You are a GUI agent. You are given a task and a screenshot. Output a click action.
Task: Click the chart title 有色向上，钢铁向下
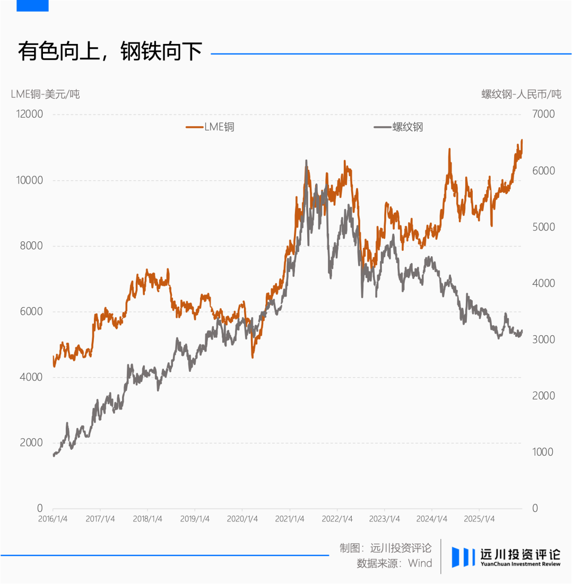pyautogui.click(x=110, y=52)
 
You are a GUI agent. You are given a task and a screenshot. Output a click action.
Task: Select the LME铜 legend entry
pyautogui.click(x=210, y=127)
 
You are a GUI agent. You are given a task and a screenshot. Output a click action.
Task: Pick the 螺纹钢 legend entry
pyautogui.click(x=398, y=127)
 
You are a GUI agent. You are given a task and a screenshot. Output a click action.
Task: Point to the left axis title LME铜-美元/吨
pyautogui.click(x=45, y=94)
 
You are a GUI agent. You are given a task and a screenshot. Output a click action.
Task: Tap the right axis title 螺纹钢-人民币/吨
pyautogui.click(x=521, y=94)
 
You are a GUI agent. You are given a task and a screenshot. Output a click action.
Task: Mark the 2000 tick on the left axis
pyautogui.click(x=31, y=443)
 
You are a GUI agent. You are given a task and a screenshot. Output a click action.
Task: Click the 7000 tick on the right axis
pyautogui.click(x=543, y=115)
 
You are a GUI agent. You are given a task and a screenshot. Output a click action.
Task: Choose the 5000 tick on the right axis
pyautogui.click(x=543, y=227)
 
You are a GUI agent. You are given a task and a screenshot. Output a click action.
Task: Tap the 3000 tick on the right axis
pyautogui.click(x=543, y=339)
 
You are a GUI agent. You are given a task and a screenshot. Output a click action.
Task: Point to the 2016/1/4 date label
pyautogui.click(x=53, y=519)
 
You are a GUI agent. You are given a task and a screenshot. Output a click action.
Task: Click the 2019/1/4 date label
pyautogui.click(x=195, y=519)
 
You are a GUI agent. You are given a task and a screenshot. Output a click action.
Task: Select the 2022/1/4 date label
pyautogui.click(x=337, y=519)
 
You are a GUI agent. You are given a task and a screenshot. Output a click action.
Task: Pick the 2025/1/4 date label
pyautogui.click(x=479, y=519)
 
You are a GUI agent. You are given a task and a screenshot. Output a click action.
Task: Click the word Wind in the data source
pyautogui.click(x=420, y=563)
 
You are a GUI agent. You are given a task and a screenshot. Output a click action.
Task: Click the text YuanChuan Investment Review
pyautogui.click(x=520, y=564)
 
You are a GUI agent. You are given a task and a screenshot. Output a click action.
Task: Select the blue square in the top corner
pyautogui.click(x=32, y=5)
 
